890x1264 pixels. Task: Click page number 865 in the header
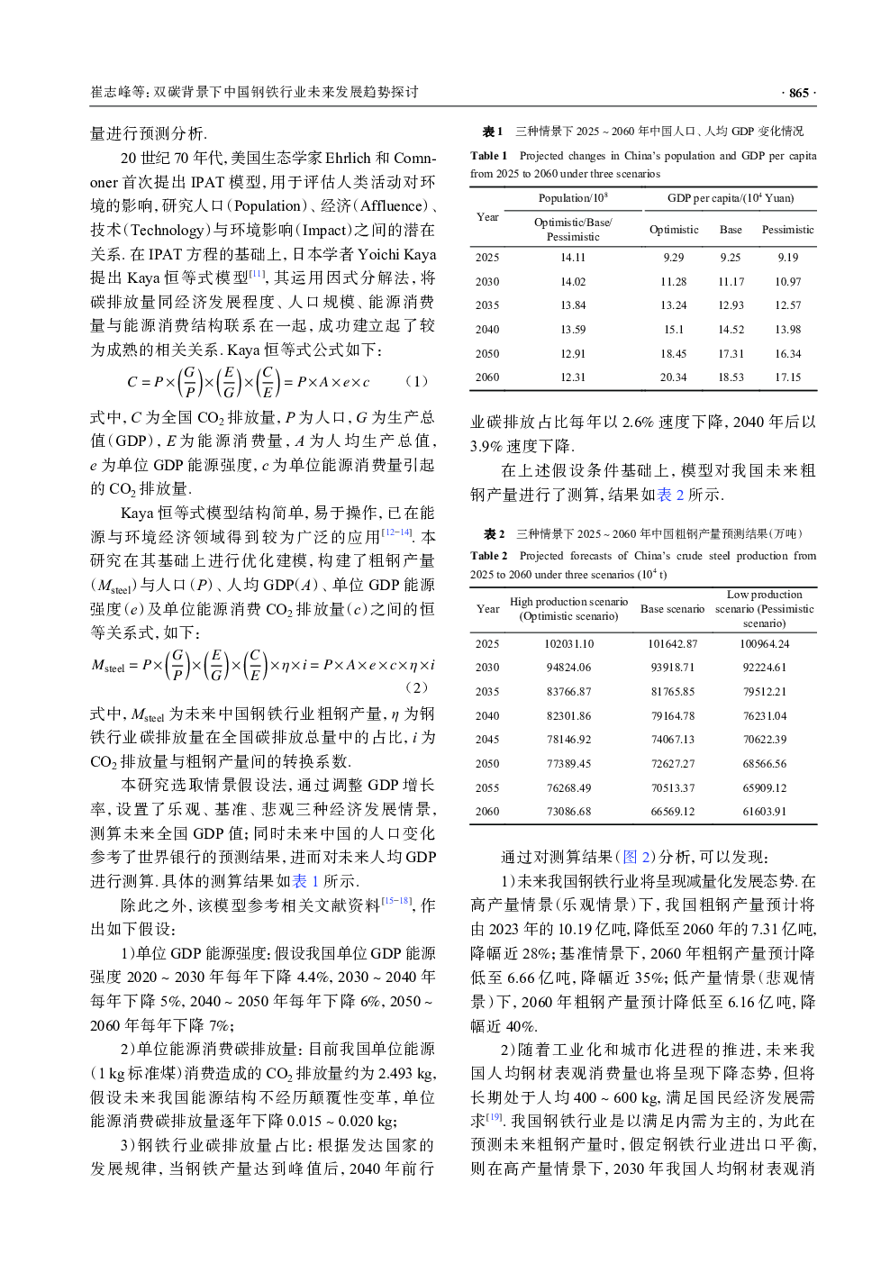coord(798,93)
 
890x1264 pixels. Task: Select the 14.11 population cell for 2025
coord(572,258)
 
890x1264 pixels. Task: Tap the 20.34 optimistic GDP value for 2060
coord(673,377)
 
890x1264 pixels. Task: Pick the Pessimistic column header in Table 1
coord(787,230)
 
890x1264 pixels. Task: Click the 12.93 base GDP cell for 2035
coord(731,305)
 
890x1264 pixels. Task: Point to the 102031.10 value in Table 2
coord(568,644)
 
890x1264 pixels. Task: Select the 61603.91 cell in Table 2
coord(764,812)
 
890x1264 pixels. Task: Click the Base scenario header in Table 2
coord(672,609)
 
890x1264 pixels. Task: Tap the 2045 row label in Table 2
coord(487,740)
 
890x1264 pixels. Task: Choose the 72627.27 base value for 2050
coord(672,764)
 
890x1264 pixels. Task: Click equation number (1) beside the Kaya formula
coord(416,381)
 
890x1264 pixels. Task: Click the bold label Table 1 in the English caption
coord(489,156)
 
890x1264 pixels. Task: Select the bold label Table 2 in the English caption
coord(489,556)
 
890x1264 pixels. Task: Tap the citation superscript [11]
coord(258,274)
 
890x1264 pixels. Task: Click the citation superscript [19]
coord(495,1116)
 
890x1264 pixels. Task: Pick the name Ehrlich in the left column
coord(348,159)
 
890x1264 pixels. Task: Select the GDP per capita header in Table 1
coord(730,198)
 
